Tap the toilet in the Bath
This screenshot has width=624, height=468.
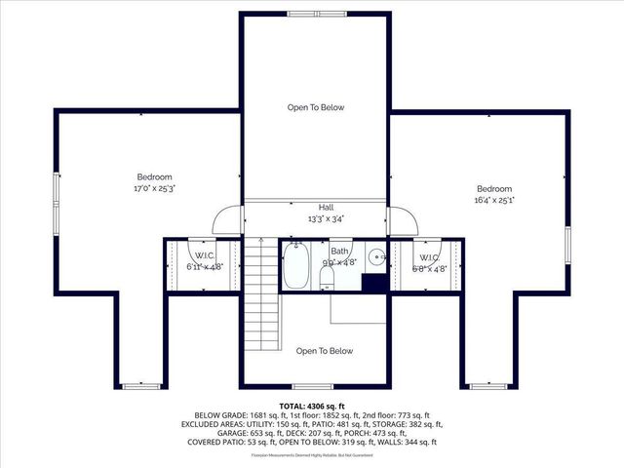[327, 279]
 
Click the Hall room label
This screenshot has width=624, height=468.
[327, 208]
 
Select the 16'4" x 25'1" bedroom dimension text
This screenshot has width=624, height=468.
[494, 199]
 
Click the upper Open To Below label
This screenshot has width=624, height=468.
[315, 107]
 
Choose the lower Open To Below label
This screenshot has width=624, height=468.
[325, 351]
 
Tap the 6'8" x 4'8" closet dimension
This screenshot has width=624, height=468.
[430, 269]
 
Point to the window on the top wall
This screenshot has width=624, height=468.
[315, 13]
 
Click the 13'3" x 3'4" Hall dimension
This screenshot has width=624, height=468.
[327, 219]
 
